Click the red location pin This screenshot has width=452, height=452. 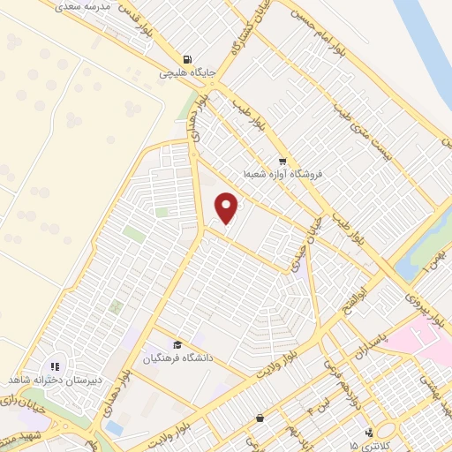227,207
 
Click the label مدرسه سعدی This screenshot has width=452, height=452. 85,6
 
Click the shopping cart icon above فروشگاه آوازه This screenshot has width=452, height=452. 282,162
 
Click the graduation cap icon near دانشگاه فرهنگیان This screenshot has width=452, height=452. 177,345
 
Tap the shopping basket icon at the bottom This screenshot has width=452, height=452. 259,418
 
